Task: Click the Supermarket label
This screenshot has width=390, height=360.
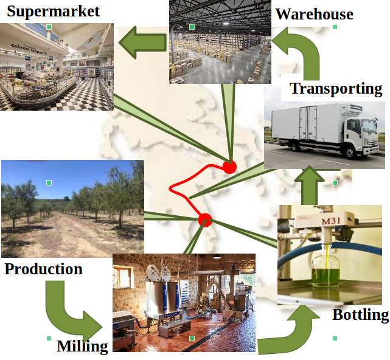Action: pos(53,10)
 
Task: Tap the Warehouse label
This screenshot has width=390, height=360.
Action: pos(314,14)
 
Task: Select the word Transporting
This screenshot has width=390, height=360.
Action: pos(336,89)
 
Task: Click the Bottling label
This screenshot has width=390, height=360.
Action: pos(360,315)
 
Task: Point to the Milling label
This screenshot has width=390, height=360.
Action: pos(82,347)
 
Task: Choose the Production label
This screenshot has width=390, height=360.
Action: pos(43,269)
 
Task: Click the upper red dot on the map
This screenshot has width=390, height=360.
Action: pos(229,167)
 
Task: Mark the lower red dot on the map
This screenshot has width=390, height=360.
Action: pos(204,220)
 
